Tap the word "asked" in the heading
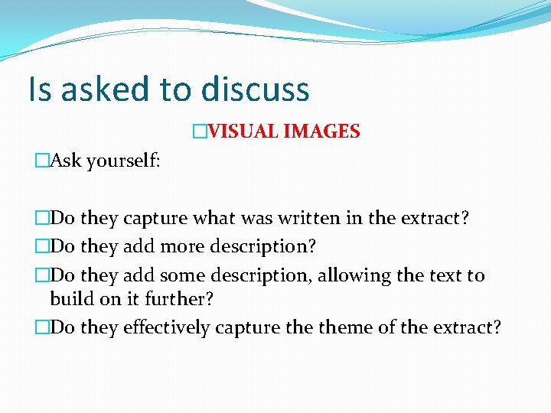click(x=106, y=89)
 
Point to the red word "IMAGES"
click(x=321, y=132)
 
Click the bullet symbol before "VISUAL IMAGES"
click(x=200, y=132)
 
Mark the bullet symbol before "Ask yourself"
click(x=42, y=161)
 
